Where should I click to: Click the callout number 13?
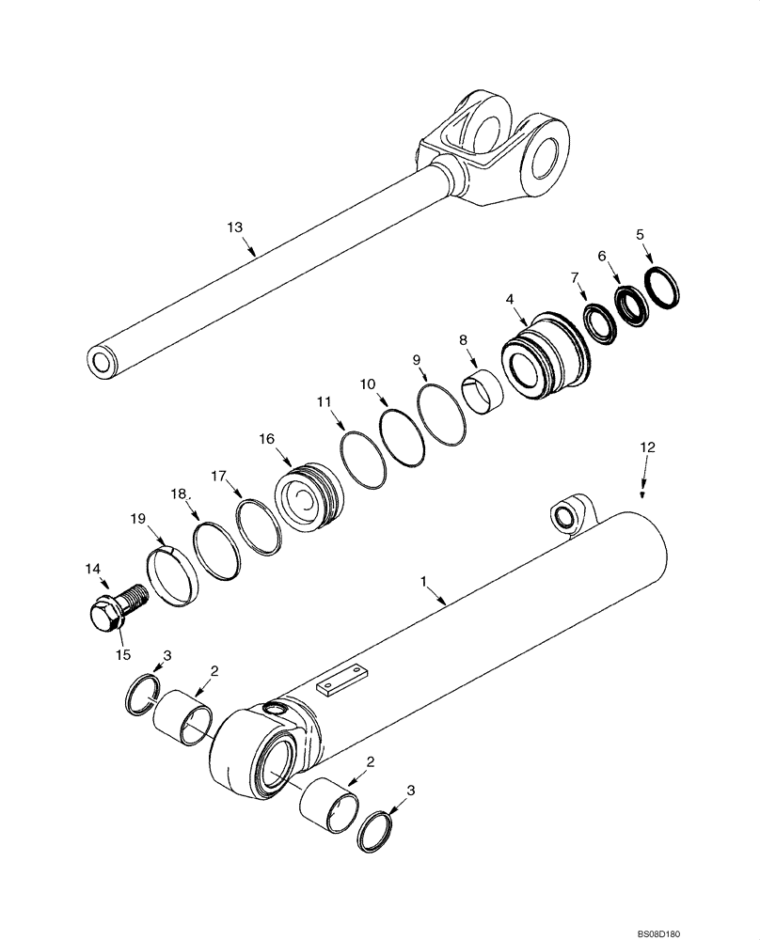pyautogui.click(x=234, y=227)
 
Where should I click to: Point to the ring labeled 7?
pyautogui.click(x=598, y=321)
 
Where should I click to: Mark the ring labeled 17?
pyautogui.click(x=259, y=525)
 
